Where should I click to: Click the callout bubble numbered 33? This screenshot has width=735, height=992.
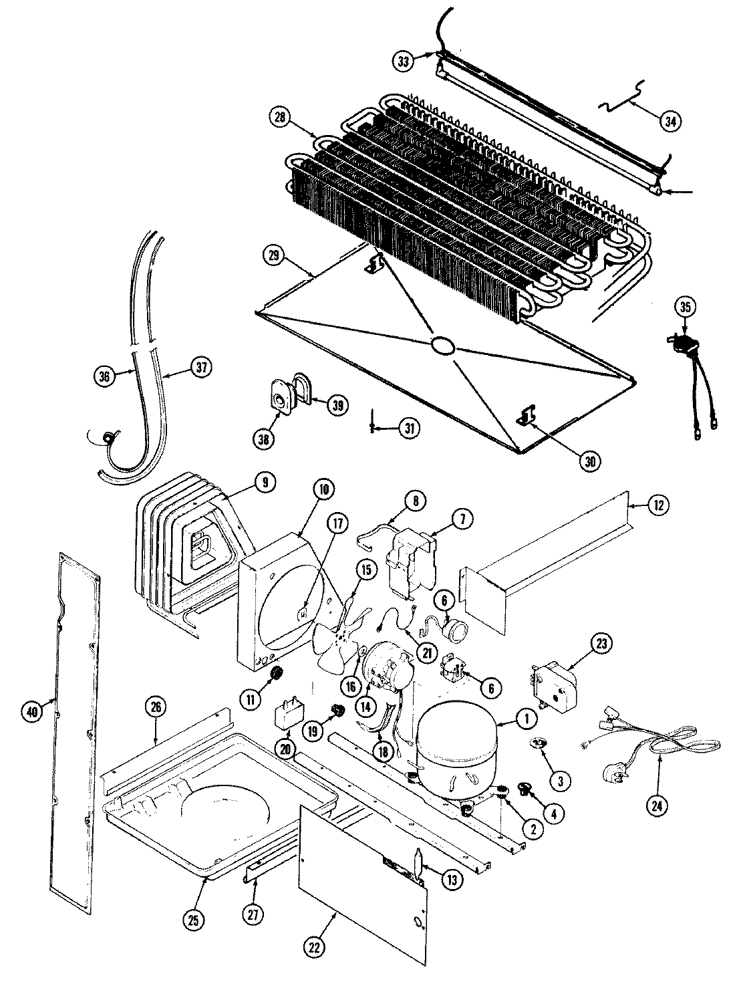tap(403, 61)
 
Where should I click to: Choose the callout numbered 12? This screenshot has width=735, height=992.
tap(658, 506)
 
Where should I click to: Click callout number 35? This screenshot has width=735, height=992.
tap(686, 307)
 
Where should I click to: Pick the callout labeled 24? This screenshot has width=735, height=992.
tap(657, 805)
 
